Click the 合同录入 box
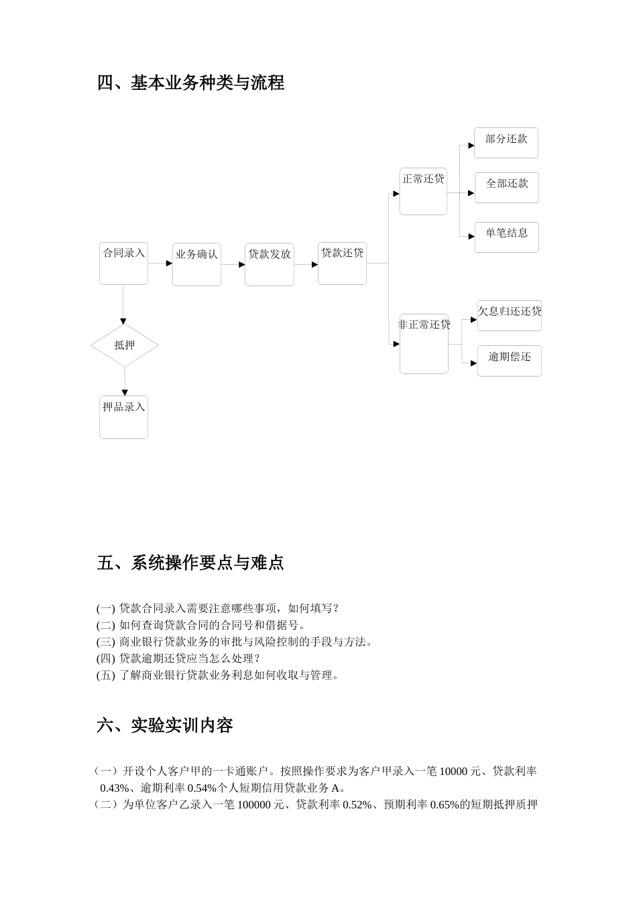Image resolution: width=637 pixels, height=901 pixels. pos(123,263)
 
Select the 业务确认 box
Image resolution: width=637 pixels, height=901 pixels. pos(196,264)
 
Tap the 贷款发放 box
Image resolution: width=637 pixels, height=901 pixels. pos(270,264)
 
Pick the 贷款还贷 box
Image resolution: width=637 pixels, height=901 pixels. pos(342,263)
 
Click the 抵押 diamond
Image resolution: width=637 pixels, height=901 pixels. pos(125,345)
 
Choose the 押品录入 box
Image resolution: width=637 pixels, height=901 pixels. pos(123,417)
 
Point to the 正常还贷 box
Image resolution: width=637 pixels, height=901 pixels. pos(423,191)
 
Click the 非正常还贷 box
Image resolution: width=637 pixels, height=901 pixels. pos(424,343)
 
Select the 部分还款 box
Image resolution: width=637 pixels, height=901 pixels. pos(506,143)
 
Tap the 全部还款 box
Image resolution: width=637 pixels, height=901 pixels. pos(507,188)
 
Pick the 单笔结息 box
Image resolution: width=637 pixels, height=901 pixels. pos(507,237)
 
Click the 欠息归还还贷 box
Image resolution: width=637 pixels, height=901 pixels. pos(510,315)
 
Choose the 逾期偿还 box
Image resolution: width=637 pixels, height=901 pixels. pos(510,361)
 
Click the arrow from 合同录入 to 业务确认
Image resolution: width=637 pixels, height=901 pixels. pos(160,263)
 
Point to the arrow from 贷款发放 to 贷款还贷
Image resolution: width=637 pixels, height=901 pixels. pos(306,264)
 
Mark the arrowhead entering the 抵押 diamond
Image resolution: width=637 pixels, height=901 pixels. pos(123,321)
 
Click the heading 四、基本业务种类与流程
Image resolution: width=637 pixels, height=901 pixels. pos(190,83)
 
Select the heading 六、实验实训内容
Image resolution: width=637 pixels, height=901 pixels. pos(165,725)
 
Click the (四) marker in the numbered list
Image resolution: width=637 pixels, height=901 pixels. pos(106,658)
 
